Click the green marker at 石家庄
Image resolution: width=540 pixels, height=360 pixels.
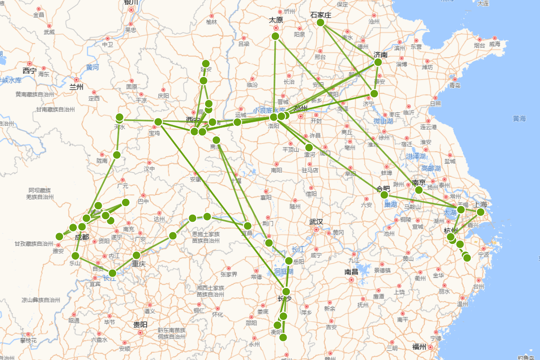click(320, 22)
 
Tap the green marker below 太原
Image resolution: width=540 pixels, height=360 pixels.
click(275, 36)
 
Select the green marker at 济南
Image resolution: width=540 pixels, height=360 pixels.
click(378, 62)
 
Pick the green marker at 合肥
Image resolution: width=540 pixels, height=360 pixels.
click(384, 195)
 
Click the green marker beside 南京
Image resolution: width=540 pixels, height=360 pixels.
click(418, 190)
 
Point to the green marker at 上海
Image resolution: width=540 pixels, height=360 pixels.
click(481, 212)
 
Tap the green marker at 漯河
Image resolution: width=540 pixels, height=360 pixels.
click(309, 147)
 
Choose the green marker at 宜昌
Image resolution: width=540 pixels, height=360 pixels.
click(247, 225)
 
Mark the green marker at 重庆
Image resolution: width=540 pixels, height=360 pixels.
click(137, 255)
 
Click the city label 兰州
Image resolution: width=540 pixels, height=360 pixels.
click(76, 87)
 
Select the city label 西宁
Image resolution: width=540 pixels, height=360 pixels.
click(30, 71)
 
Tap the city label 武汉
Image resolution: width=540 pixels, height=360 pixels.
click(316, 222)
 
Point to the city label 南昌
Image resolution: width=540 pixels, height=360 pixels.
click(351, 272)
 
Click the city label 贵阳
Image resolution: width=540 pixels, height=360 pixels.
click(140, 324)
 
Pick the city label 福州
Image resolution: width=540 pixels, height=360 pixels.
click(419, 346)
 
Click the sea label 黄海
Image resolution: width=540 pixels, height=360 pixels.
click(519, 119)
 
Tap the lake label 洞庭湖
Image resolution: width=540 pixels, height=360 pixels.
click(284, 272)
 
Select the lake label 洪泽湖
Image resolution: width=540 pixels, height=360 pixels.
click(416, 156)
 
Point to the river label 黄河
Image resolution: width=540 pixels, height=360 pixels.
click(92, 67)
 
